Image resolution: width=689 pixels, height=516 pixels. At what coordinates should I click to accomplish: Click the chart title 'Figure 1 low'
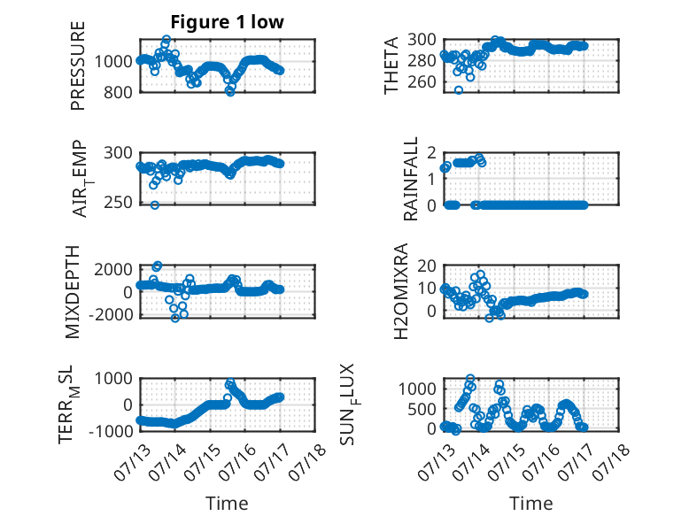point(228,22)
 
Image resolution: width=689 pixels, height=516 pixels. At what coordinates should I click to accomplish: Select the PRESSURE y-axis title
point(77,65)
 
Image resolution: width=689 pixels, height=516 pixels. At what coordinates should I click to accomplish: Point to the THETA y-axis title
point(391,65)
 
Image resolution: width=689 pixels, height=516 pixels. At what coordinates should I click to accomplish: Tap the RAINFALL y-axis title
point(410,179)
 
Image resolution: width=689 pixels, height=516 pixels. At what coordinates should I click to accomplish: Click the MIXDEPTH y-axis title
point(73,292)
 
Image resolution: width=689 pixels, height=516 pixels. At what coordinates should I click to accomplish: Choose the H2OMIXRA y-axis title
point(401,291)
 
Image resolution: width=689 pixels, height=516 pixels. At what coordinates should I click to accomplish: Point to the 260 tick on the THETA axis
point(422,81)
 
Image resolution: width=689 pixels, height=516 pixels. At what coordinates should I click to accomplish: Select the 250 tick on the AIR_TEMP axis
point(118,203)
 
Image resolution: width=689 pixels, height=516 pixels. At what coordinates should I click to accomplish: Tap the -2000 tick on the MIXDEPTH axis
point(110,315)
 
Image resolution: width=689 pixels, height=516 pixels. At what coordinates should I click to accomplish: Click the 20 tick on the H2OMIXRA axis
point(427,266)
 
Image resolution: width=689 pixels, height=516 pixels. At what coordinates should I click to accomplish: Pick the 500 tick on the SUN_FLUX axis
point(422,409)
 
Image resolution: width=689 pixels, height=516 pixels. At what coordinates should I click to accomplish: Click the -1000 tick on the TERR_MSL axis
point(110,431)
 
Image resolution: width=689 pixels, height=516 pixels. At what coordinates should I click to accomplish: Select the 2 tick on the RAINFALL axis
point(431,153)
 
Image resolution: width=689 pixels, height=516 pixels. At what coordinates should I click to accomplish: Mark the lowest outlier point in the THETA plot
point(459,90)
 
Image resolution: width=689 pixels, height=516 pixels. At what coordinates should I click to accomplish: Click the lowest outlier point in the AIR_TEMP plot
point(154,204)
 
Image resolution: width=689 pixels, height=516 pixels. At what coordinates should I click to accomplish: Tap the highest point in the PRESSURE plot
point(166,39)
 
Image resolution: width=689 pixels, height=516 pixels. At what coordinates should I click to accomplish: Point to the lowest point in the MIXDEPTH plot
point(175,318)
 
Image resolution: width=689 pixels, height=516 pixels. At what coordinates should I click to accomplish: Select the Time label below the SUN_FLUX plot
point(530,503)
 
